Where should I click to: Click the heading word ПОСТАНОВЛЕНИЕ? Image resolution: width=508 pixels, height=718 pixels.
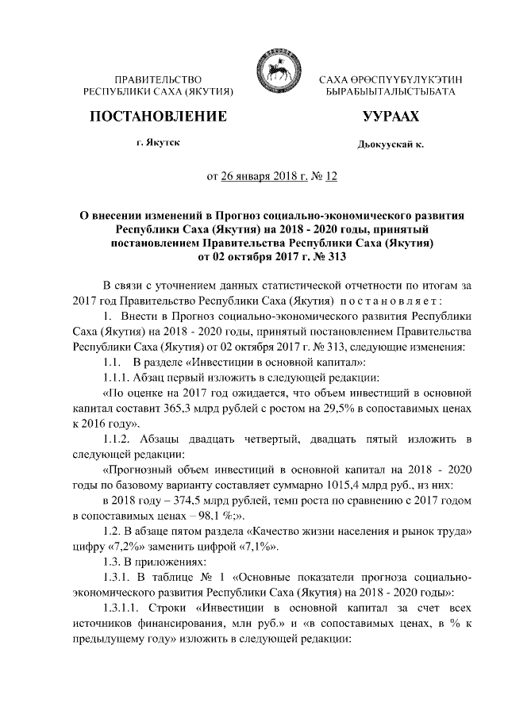tap(159, 117)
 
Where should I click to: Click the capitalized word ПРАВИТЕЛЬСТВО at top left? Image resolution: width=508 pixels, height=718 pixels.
tap(158, 80)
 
